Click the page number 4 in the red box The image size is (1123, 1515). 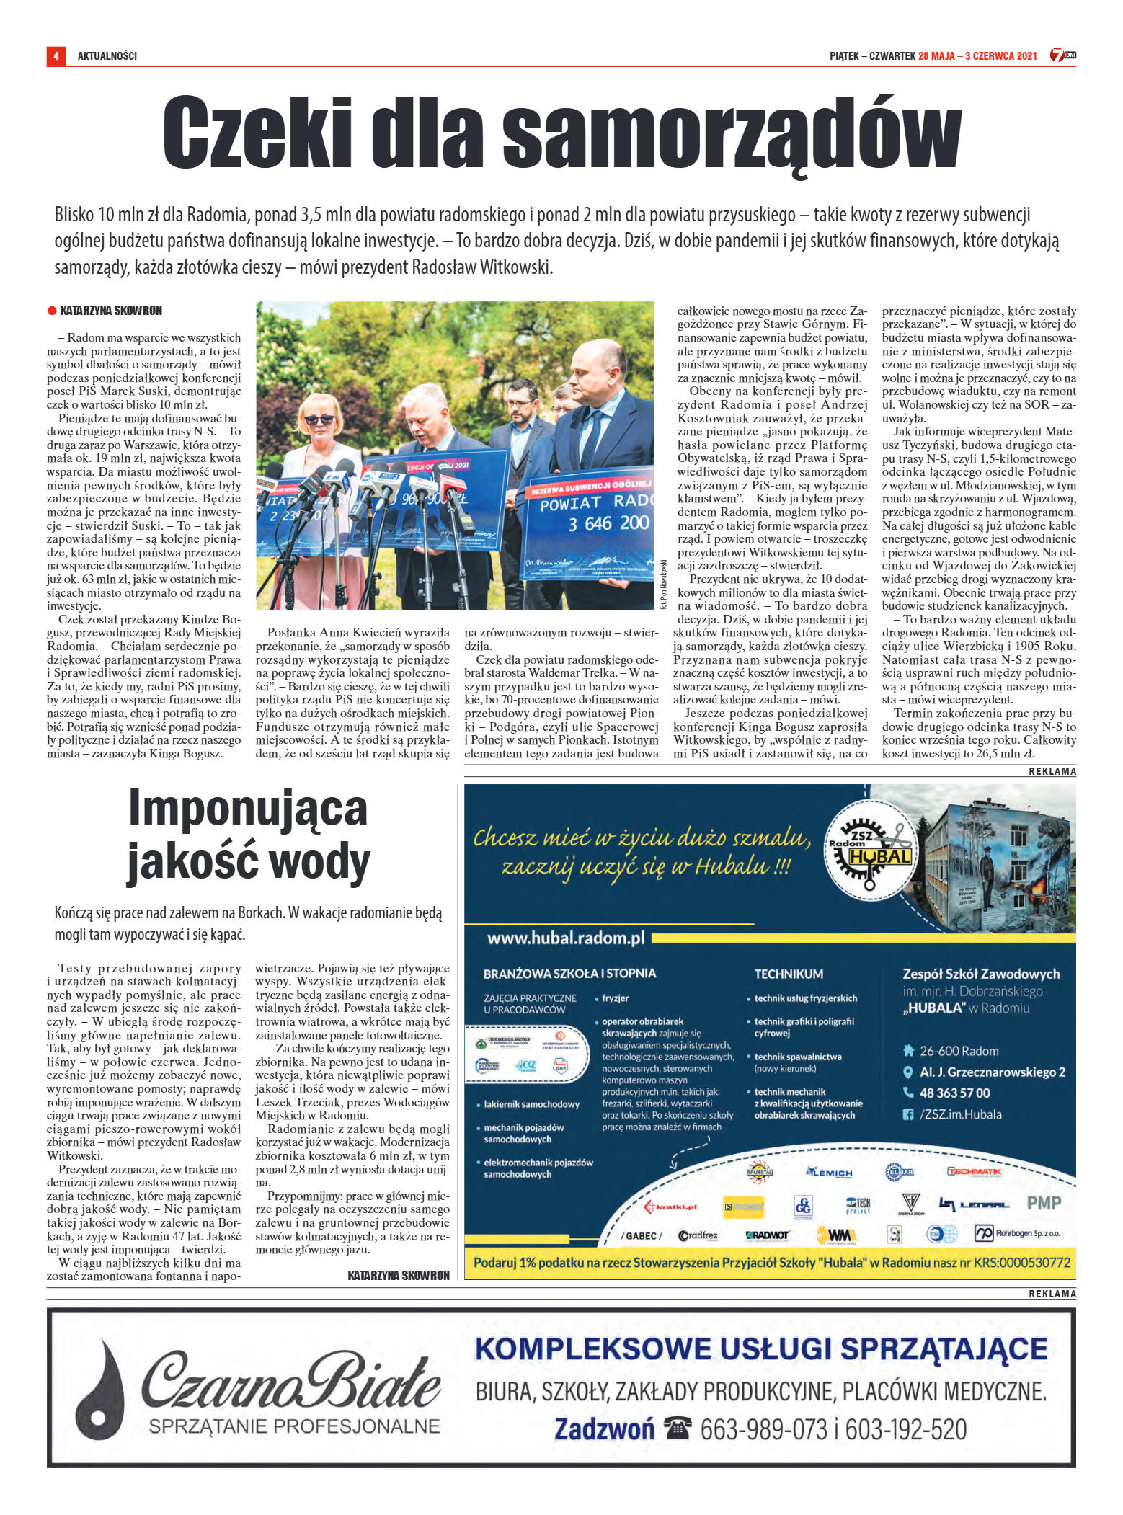click(x=56, y=55)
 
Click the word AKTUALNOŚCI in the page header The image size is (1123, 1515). click(x=107, y=55)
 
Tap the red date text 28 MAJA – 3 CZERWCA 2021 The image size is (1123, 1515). click(x=977, y=55)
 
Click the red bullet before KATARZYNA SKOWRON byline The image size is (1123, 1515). click(x=52, y=311)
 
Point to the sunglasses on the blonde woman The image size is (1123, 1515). click(x=319, y=419)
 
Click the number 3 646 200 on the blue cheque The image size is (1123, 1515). click(x=609, y=523)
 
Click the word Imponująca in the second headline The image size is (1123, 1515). click(x=248, y=808)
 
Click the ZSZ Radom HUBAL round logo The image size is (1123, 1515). click(x=870, y=848)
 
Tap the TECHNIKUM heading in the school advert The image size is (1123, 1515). click(x=788, y=974)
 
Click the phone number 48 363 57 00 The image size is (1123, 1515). click(x=954, y=1093)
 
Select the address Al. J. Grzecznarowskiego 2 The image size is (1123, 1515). click(x=992, y=1072)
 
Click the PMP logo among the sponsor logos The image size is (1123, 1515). click(x=1043, y=1202)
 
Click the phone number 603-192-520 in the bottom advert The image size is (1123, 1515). click(x=905, y=1429)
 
